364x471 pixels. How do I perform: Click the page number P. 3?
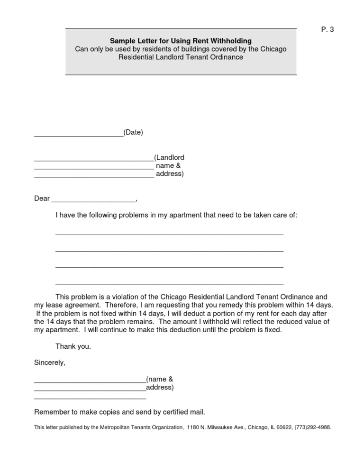click(328, 29)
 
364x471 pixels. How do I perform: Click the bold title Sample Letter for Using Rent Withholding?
click(181, 41)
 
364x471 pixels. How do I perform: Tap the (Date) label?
click(133, 132)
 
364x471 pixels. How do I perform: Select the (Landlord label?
click(169, 157)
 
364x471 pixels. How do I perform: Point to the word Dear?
click(42, 199)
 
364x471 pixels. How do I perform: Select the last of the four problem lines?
click(169, 283)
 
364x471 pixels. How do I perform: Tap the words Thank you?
click(73, 346)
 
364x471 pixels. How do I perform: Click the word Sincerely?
click(50, 363)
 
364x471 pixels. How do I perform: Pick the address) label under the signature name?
click(160, 388)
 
